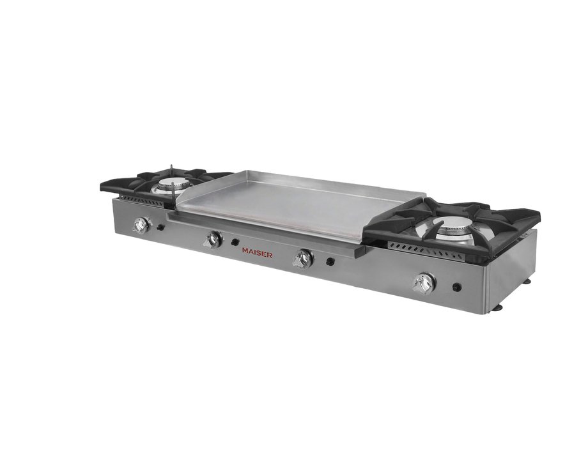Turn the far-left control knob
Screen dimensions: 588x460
click(142, 224)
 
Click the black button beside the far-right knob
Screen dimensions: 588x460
click(456, 287)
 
